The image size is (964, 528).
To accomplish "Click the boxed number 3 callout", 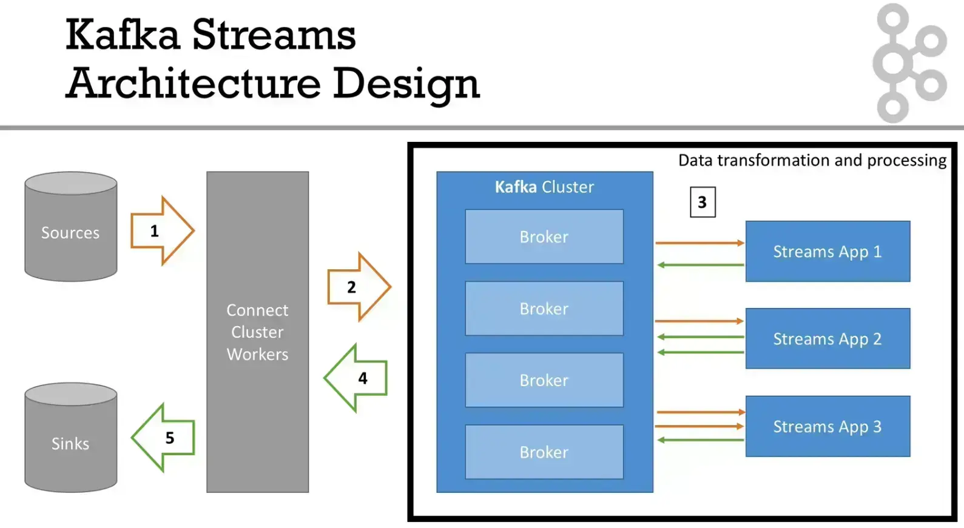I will (703, 202).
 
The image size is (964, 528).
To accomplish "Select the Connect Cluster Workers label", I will (257, 332).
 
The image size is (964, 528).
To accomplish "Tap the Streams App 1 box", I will (827, 252).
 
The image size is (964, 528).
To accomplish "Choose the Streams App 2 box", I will (827, 339).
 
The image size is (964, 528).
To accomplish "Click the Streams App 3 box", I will (827, 427).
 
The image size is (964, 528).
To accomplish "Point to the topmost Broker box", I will (544, 237).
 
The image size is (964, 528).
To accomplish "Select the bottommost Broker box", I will (544, 452).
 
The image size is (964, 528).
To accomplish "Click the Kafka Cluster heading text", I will (544, 187).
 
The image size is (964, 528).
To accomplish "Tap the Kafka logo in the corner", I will (909, 63).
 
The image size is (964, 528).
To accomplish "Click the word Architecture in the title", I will (194, 83).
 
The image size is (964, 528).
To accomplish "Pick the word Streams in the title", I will (274, 35).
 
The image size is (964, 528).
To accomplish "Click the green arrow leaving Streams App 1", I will (700, 265).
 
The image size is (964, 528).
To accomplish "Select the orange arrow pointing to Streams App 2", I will (699, 321).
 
